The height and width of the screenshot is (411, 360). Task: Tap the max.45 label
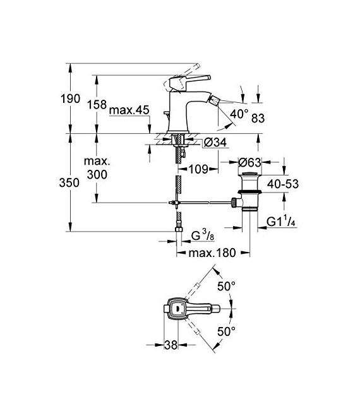(x=128, y=111)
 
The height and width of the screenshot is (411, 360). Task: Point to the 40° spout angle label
(x=240, y=114)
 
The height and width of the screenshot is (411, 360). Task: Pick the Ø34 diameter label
(x=197, y=143)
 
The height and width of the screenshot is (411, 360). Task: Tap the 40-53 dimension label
(x=282, y=184)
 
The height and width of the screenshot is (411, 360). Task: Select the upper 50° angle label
(x=226, y=286)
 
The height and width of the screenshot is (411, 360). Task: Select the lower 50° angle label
(x=226, y=331)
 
